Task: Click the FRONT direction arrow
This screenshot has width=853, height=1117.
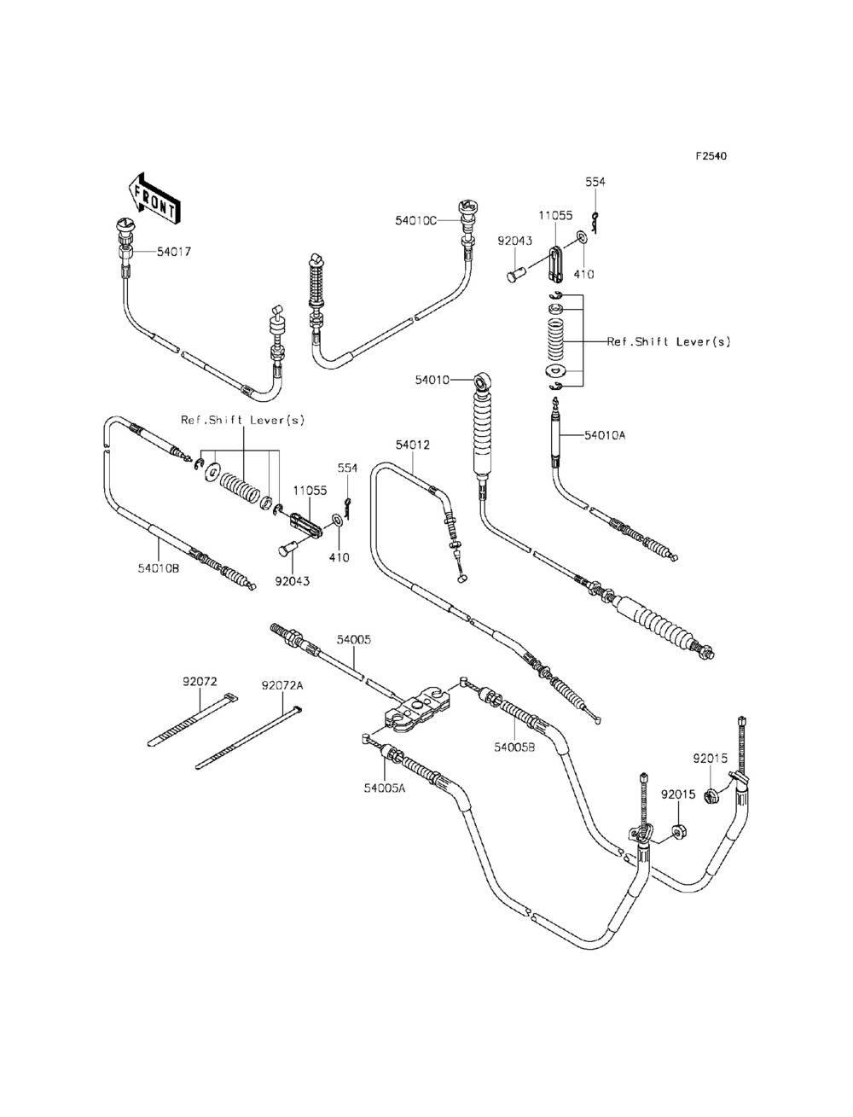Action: (x=153, y=199)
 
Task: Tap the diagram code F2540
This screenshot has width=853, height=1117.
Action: (x=711, y=156)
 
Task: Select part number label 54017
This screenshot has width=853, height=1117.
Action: (x=174, y=252)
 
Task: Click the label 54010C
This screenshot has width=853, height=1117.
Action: (x=416, y=220)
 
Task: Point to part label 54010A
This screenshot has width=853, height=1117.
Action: (x=605, y=435)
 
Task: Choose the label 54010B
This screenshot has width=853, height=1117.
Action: (x=159, y=568)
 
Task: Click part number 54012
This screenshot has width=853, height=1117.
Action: (x=413, y=445)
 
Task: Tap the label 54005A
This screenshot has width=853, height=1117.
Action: (x=385, y=788)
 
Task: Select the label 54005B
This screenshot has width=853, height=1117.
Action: (x=514, y=747)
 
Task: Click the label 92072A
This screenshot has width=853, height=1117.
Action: (x=282, y=685)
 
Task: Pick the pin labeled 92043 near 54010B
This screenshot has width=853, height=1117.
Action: (x=287, y=550)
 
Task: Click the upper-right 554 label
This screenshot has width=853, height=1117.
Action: (x=595, y=182)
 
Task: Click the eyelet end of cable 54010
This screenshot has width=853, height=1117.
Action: (x=482, y=380)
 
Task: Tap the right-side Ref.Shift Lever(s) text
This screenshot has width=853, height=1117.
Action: (x=669, y=341)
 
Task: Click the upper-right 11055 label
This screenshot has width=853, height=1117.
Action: (x=555, y=215)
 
